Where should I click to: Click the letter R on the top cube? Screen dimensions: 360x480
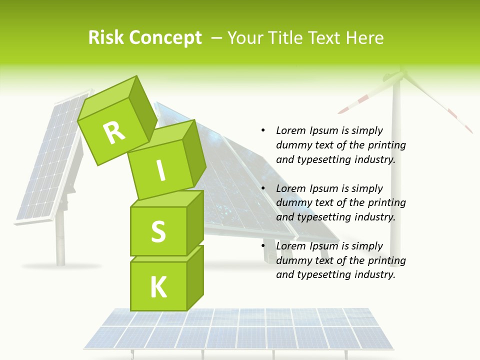tap(114, 132)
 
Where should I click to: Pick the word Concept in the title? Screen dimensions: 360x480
tap(164, 38)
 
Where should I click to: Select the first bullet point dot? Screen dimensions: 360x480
tap(263, 130)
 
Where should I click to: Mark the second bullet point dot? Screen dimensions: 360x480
tap(263, 188)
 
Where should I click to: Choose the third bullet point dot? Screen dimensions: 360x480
tap(263, 246)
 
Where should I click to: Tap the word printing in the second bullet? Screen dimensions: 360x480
tap(386, 203)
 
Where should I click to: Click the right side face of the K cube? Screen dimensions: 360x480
tap(195, 277)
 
